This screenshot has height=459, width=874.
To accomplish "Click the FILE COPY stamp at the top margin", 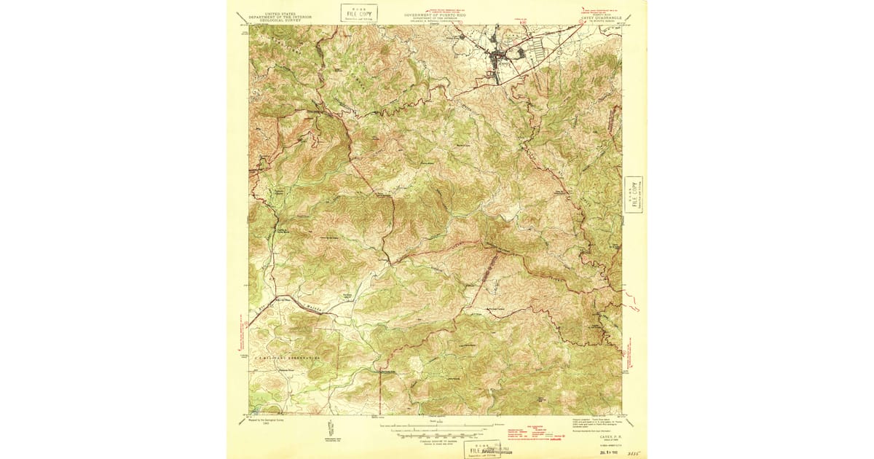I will click(359, 12).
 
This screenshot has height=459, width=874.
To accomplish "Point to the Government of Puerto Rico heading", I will click(435, 15).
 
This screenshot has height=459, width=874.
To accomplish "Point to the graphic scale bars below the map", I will click(436, 428).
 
